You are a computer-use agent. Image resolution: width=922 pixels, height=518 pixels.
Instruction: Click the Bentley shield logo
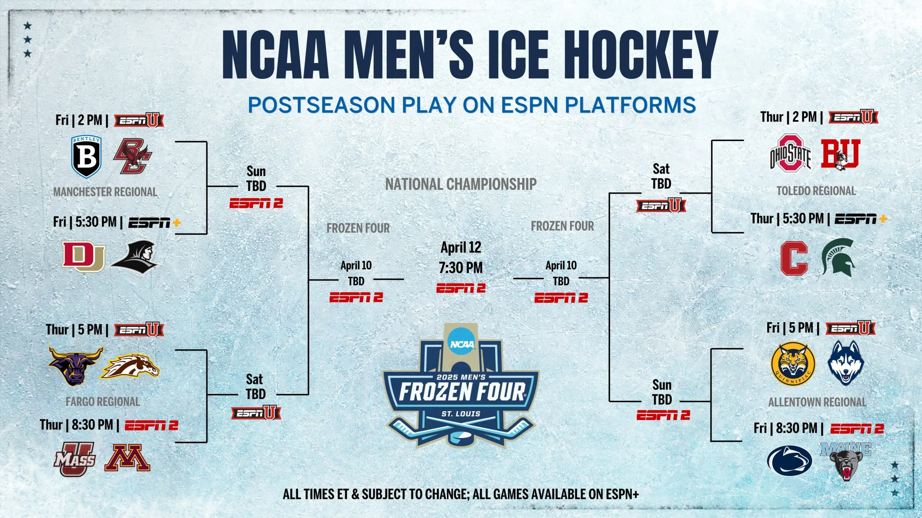coord(86,157)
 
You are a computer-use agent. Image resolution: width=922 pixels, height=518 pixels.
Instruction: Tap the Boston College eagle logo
coord(133,156)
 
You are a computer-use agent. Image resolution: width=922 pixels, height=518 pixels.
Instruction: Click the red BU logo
coord(841,154)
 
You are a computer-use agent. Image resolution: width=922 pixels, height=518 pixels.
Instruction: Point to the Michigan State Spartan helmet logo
coord(838,258)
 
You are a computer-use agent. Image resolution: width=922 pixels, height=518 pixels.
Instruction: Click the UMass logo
coord(75,459)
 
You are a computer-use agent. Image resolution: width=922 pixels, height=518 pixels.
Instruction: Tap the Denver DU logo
coord(84,256)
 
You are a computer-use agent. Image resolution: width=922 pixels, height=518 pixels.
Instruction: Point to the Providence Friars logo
coord(135,257)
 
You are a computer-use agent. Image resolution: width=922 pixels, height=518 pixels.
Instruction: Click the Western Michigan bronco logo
coord(130,366)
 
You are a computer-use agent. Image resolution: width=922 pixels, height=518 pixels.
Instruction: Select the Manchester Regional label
coord(105,192)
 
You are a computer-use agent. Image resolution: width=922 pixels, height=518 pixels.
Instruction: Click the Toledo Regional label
coord(816,191)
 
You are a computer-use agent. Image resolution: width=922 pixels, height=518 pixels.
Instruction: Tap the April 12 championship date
coord(461,247)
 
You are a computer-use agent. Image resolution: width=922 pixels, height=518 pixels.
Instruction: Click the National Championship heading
coord(461,184)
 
